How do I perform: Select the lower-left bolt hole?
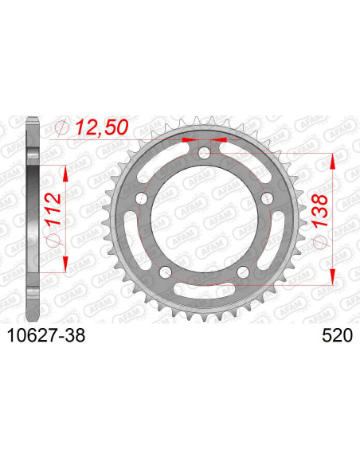pos(166,272)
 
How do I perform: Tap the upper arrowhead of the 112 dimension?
pos(67,171)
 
